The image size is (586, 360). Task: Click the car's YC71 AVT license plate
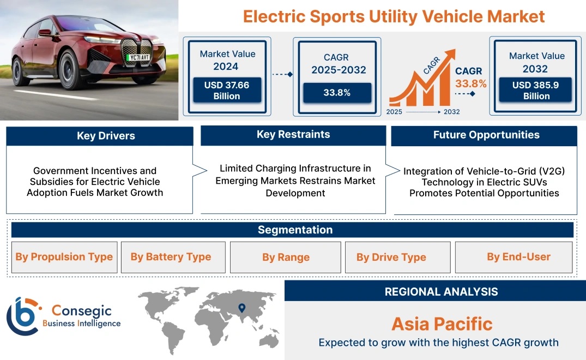139,58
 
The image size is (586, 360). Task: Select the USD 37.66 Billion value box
227,90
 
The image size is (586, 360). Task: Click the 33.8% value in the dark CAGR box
337,93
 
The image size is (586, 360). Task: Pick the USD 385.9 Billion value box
535,89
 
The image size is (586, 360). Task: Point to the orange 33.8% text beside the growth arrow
470,83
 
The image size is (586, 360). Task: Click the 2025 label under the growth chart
394,112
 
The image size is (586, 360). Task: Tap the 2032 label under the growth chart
451,112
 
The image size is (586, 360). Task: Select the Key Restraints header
293,135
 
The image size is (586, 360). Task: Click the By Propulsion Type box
64,257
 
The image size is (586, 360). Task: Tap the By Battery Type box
173,257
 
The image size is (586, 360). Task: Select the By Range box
286,257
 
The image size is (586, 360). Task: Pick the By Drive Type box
397,257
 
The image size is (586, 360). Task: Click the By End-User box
514,257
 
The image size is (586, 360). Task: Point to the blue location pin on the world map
242,308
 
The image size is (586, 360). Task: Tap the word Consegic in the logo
81,311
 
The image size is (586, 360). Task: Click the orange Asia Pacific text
442,324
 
